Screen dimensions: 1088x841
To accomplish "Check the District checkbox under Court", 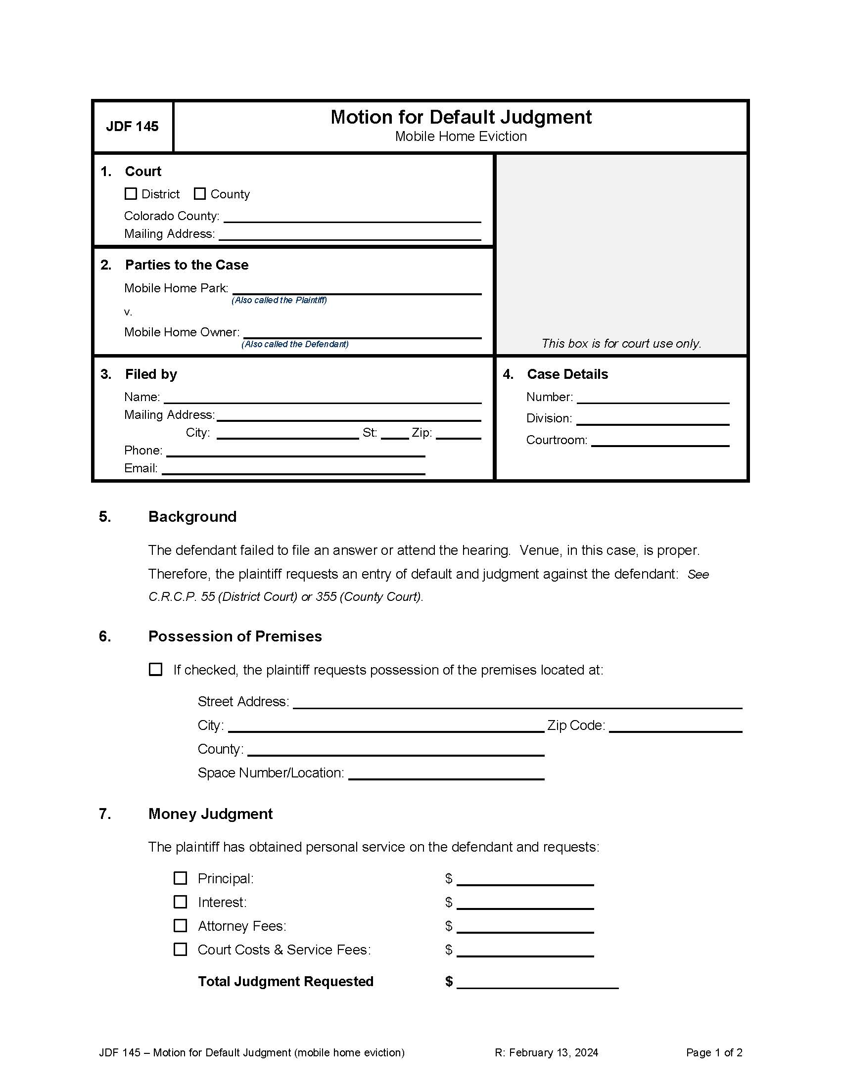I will click(x=131, y=194).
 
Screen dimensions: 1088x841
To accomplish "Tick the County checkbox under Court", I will click(x=200, y=194).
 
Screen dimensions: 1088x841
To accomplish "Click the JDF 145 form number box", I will click(x=133, y=127).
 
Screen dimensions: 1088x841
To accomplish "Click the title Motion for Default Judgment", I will click(x=461, y=117).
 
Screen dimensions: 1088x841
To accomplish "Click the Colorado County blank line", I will click(x=352, y=217).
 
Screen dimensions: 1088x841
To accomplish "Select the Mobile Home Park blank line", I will click(x=357, y=289).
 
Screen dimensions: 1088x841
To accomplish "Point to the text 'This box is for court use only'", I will click(x=621, y=343).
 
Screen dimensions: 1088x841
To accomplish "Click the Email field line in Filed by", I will click(x=293, y=469).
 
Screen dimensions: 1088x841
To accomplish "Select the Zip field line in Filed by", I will click(x=459, y=434).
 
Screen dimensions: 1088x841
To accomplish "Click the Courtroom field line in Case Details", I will click(x=660, y=441).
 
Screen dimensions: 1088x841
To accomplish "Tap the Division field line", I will click(x=653, y=419).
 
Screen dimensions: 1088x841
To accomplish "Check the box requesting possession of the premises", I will click(x=156, y=669).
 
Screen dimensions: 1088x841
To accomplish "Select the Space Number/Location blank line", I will click(x=446, y=773).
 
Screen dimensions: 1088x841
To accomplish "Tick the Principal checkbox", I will click(x=181, y=878).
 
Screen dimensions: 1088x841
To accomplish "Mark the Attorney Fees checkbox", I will click(x=181, y=926).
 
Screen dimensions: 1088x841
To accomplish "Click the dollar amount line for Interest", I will click(x=525, y=904).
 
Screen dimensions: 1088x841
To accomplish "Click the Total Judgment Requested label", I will click(x=285, y=981).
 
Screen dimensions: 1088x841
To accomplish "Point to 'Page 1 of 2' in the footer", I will click(x=714, y=1052).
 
